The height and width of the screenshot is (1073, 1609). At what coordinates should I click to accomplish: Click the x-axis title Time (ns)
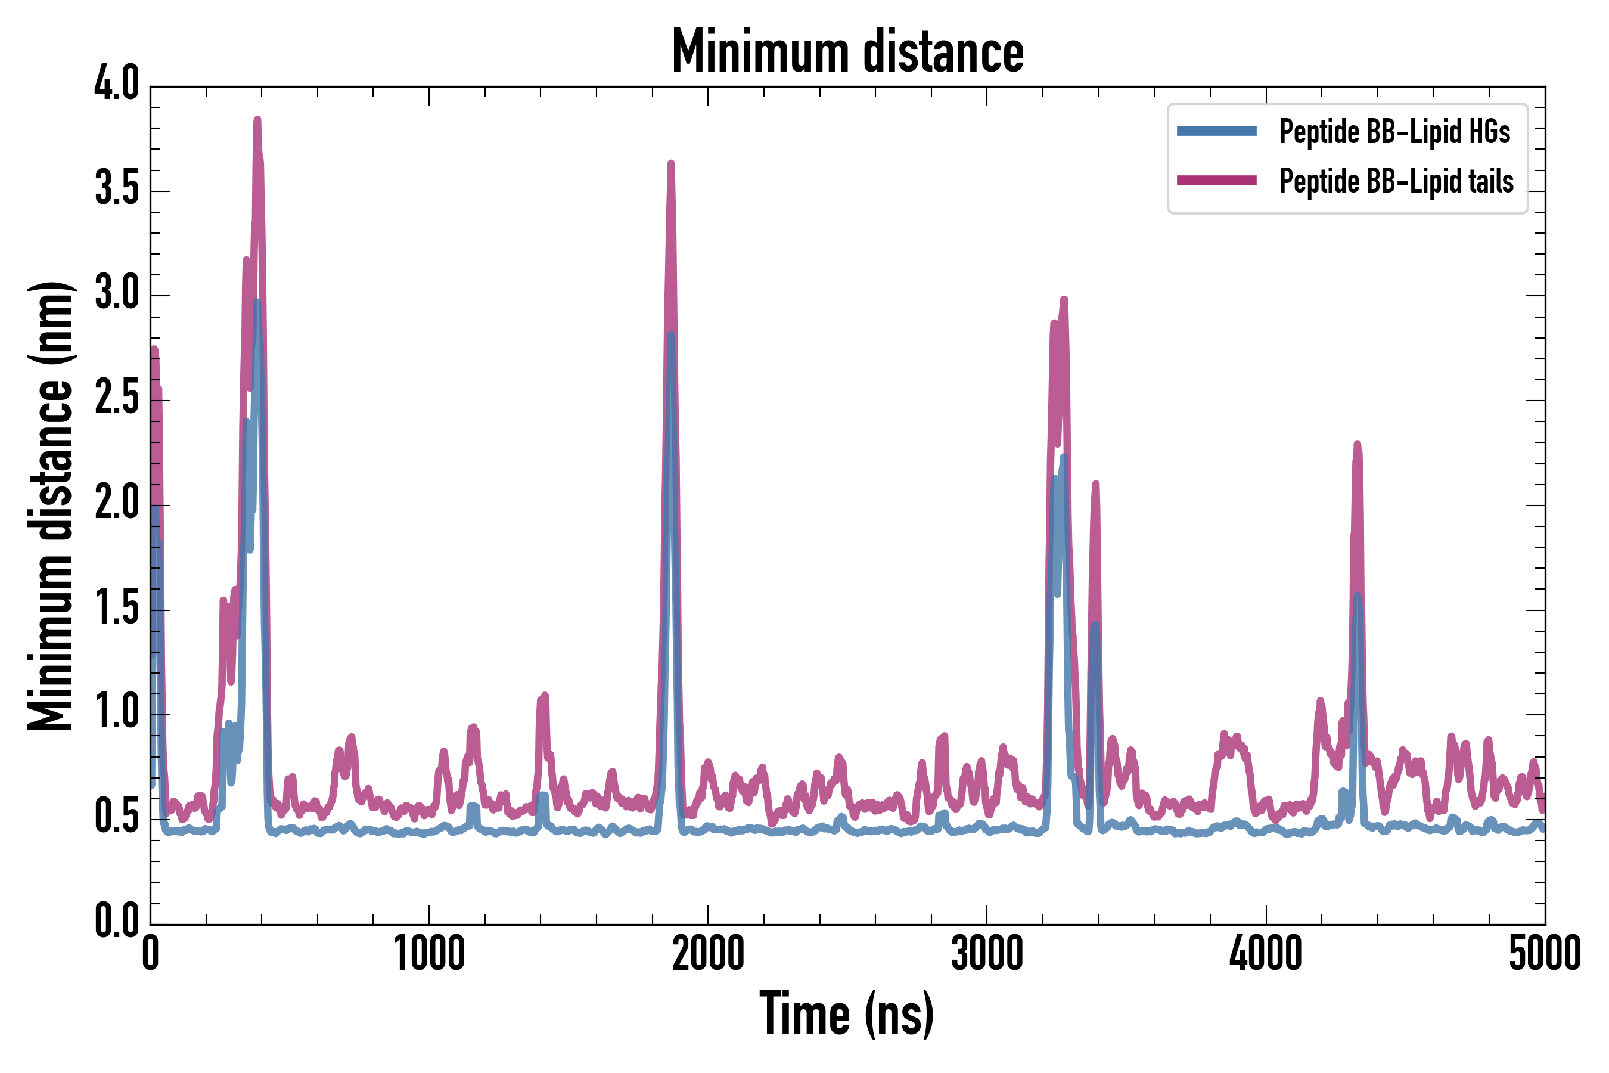click(847, 1014)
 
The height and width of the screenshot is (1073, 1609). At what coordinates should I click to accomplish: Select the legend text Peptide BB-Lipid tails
click(1396, 181)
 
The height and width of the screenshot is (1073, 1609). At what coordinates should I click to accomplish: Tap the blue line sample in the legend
click(1216, 131)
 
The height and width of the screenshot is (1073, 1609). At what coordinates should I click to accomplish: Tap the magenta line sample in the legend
click(1216, 181)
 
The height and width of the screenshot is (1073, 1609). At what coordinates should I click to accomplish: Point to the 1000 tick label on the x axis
click(429, 953)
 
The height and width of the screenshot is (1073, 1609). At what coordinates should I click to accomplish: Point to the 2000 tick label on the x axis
click(708, 953)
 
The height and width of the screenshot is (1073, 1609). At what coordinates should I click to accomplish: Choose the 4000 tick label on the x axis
click(1266, 953)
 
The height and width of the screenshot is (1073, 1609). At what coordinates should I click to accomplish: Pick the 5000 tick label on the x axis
click(1544, 953)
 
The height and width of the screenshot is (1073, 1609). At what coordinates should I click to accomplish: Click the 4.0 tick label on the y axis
click(116, 85)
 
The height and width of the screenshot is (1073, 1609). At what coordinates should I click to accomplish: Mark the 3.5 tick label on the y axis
click(116, 190)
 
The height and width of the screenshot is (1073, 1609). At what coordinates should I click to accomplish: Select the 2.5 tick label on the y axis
click(116, 399)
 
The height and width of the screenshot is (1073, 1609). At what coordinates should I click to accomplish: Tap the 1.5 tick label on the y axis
click(116, 609)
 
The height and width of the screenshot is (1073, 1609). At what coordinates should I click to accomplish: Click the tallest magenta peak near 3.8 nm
click(257, 121)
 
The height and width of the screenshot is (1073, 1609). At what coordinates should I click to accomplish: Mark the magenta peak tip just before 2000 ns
click(671, 165)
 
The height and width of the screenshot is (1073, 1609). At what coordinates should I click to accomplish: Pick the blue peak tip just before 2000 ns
click(671, 335)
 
